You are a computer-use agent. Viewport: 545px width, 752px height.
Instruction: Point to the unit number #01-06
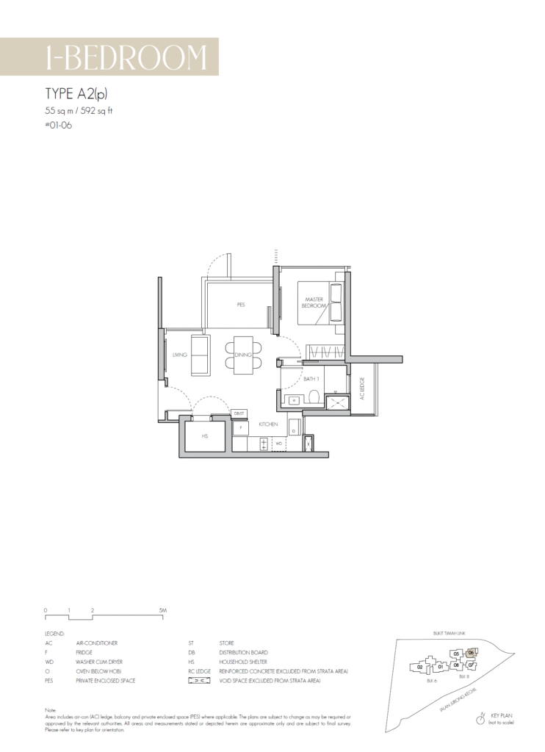point(59,125)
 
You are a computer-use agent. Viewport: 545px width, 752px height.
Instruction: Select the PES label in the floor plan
point(241,304)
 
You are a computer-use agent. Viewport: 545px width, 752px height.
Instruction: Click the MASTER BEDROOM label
point(314,302)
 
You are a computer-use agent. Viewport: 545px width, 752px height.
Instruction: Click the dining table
point(243,355)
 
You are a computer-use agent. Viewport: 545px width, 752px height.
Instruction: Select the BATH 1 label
point(311,379)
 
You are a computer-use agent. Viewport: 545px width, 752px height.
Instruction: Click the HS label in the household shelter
point(206,435)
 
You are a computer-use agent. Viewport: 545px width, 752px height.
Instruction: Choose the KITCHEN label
point(267,424)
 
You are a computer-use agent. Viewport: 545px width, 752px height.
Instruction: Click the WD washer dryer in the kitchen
point(279,444)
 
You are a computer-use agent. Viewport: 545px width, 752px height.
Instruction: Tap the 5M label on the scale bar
point(162,610)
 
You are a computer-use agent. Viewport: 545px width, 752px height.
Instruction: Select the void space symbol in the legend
point(198,681)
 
